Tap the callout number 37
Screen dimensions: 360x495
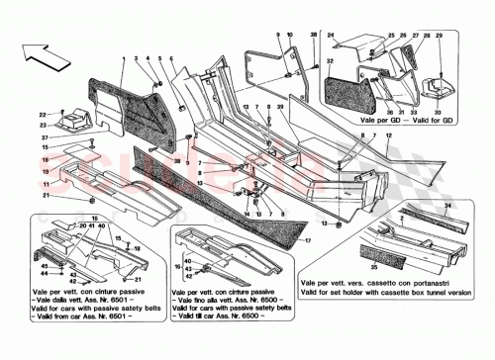coord(45,138)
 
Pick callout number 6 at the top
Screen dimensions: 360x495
coord(171,62)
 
